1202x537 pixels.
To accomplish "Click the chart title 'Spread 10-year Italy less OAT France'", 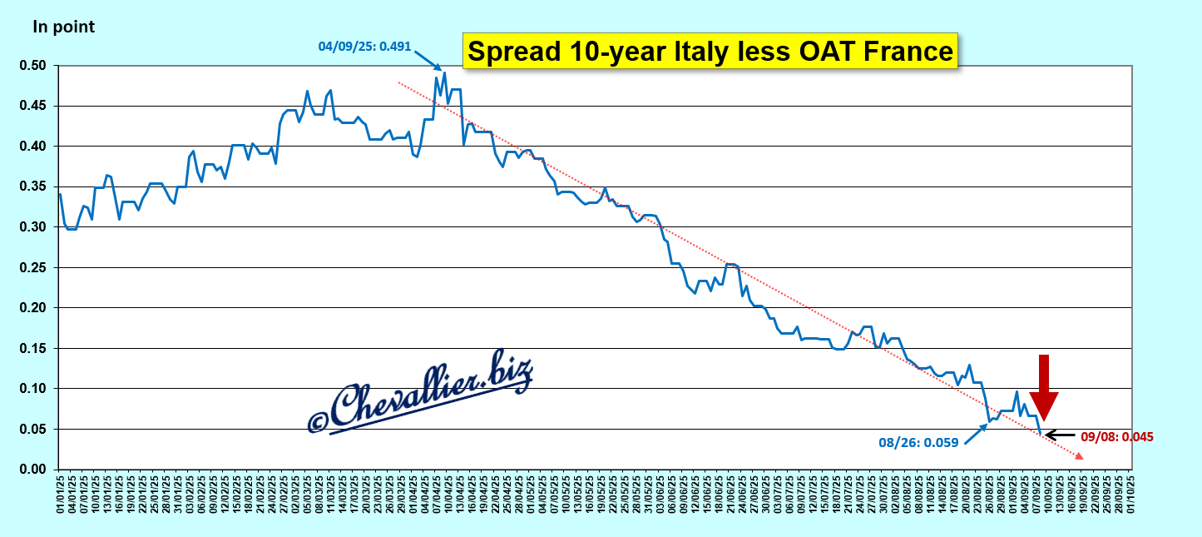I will [710, 51].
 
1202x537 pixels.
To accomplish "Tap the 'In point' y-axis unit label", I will [63, 27].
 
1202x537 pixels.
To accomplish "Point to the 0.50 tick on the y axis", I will [41, 66].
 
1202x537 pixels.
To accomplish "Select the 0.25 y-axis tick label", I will [41, 267].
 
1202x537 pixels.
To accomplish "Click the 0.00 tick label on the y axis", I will [41, 470].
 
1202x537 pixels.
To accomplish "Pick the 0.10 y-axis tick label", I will [41, 389].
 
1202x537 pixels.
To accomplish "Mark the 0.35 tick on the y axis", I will [41, 186].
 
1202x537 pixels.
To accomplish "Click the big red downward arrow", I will [1043, 387].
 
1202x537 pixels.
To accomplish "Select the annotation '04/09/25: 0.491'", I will [364, 47].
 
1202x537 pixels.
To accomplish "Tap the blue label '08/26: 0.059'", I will [918, 443].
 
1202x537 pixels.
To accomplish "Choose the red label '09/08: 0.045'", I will [1116, 435].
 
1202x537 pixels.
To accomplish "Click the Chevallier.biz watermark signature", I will [420, 394].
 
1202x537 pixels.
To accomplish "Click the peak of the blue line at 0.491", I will [445, 72].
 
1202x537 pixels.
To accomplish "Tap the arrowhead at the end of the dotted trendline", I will [1079, 456].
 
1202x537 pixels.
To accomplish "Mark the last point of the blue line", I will [1040, 433].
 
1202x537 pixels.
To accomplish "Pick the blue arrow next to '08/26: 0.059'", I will [977, 434].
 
